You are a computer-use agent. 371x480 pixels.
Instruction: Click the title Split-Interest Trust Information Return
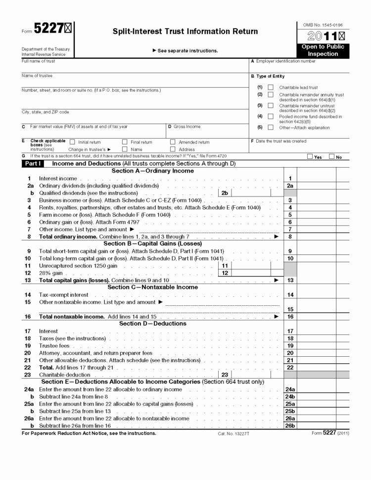click(x=185, y=32)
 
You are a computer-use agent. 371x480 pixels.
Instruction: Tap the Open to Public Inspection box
click(x=323, y=50)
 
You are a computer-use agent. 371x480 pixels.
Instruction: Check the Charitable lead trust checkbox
click(x=270, y=88)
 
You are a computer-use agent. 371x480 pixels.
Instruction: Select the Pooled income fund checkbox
click(x=270, y=117)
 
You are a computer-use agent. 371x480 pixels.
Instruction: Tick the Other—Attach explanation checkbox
click(x=270, y=127)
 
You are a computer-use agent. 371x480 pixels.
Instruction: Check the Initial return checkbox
click(x=73, y=142)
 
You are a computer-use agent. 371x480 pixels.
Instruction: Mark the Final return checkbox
click(x=125, y=142)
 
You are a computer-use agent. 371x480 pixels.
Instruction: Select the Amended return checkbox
click(x=173, y=142)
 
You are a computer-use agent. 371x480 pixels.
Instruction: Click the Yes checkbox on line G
click(x=310, y=157)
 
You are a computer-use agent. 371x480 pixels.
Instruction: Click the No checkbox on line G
click(x=331, y=157)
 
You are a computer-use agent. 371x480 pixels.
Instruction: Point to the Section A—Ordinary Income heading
click(x=152, y=171)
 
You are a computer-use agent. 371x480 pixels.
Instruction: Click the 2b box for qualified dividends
click(x=225, y=193)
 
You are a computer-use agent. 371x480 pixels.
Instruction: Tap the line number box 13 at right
click(x=290, y=280)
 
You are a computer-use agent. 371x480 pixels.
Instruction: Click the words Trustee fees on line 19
click(x=54, y=345)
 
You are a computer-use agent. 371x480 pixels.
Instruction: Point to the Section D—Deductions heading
click(x=152, y=324)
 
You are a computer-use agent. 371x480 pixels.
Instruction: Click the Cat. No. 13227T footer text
click(x=233, y=433)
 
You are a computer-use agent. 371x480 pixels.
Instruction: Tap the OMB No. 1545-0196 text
click(x=323, y=24)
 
